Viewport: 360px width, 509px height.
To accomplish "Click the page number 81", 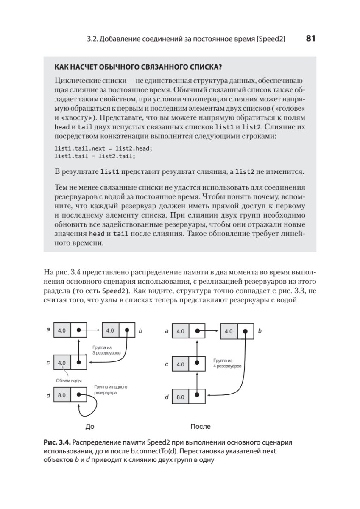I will (310, 39).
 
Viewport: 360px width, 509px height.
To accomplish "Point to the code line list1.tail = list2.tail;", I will (95, 156).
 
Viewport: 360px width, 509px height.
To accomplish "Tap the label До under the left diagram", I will (90, 426).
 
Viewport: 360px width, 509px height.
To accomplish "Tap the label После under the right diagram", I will (201, 426).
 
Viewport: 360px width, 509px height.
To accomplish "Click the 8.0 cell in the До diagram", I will (62, 395).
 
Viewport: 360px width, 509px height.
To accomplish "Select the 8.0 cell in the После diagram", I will (181, 397).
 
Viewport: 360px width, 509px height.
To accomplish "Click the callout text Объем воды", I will (69, 380).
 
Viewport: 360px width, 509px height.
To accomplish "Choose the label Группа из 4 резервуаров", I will (227, 363).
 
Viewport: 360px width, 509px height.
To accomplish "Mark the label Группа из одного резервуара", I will (111, 390).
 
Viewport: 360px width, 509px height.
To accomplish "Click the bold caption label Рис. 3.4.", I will (55, 442).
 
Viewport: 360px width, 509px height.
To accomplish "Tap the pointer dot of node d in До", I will (79, 395).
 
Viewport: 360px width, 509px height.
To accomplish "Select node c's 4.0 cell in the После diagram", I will (181, 364).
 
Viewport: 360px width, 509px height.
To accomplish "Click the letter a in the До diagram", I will (48, 330).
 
